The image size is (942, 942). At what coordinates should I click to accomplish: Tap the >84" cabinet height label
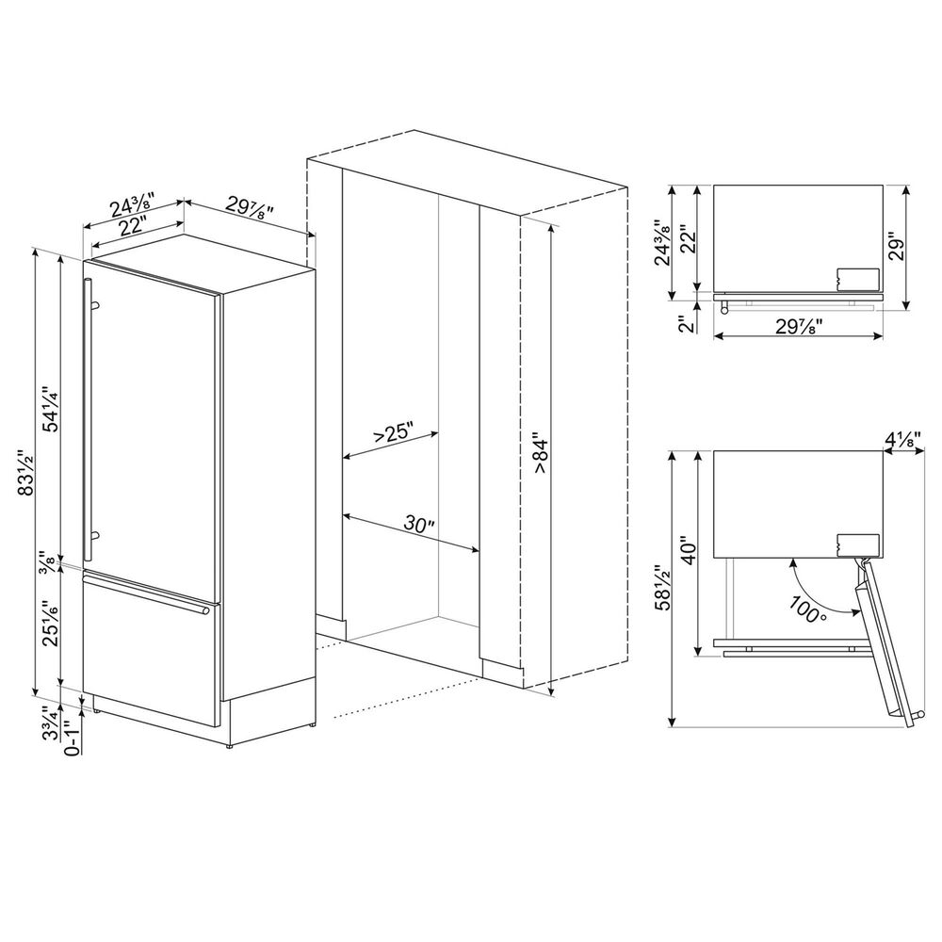click(x=539, y=452)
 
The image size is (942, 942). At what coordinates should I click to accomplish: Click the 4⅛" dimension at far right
click(x=905, y=438)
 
